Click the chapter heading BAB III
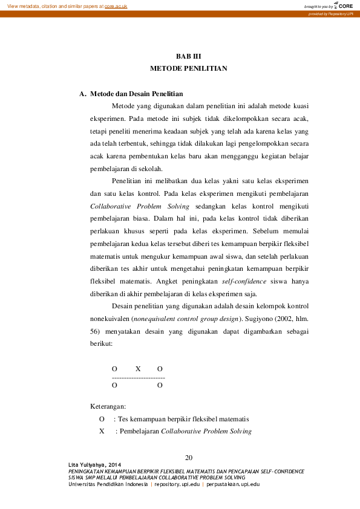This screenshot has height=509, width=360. tap(188, 55)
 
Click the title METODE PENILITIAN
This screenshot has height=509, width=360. tap(188, 69)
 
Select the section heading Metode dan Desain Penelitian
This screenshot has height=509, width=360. tap(136, 94)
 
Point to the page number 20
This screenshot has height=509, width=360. tap(189, 457)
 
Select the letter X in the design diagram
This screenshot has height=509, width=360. tap(138, 369)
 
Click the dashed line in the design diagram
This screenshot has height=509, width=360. tap(139, 377)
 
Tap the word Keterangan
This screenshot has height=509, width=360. tap(108, 406)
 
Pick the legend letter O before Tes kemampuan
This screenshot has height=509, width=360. tap(102, 419)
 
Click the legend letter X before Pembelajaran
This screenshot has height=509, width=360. tap(102, 432)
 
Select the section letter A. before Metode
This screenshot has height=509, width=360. tap(82, 94)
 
